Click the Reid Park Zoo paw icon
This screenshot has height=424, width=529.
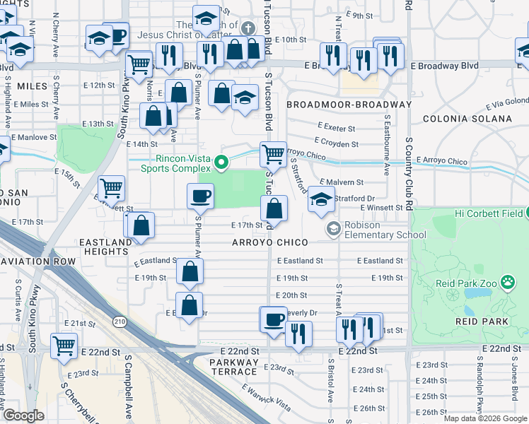point(508,283)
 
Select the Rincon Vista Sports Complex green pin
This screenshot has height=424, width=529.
point(221,163)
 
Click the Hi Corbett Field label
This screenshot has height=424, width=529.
point(488,213)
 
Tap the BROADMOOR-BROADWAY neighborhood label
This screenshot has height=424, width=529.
point(349,105)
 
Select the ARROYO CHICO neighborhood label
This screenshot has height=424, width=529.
point(271,242)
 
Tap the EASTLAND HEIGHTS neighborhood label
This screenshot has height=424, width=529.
point(110,247)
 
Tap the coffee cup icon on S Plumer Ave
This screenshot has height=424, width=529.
point(200,196)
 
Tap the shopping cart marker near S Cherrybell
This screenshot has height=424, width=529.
point(64,346)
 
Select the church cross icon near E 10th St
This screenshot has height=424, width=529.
point(248,28)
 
